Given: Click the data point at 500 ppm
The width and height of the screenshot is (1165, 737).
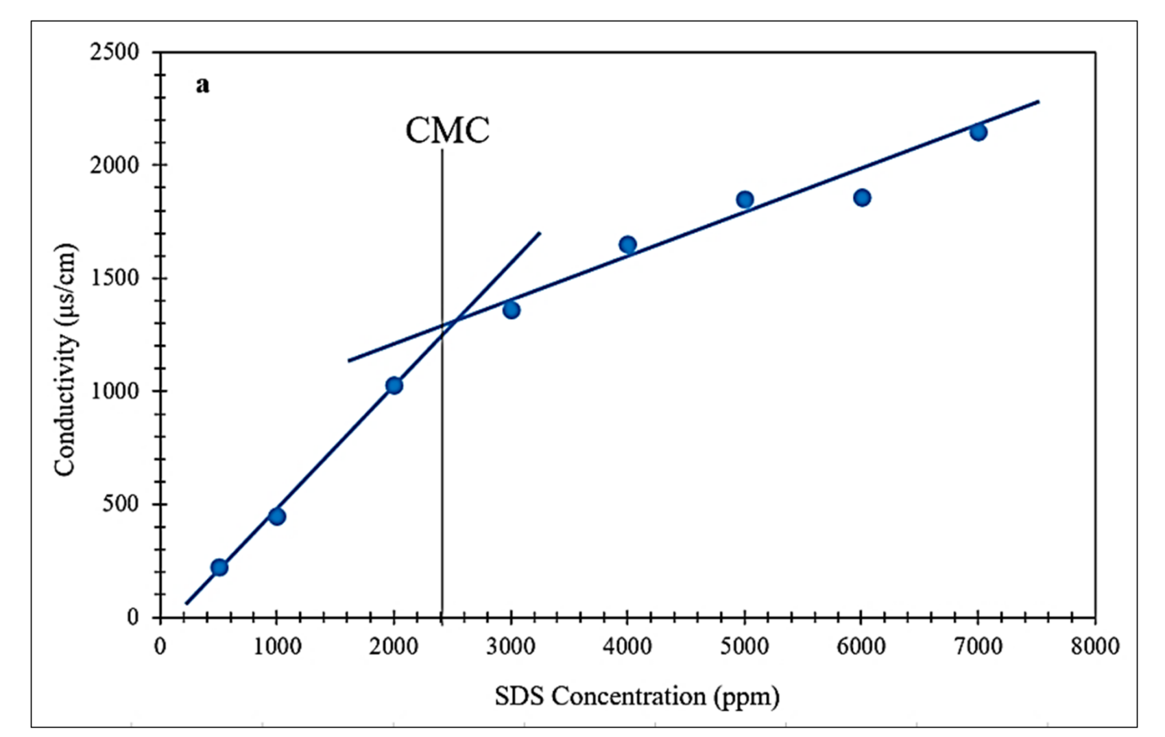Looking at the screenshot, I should [x=219, y=568].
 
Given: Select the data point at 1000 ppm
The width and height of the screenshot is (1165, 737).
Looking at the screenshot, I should [x=276, y=516].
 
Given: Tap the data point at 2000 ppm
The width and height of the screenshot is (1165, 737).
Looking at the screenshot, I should [x=394, y=385].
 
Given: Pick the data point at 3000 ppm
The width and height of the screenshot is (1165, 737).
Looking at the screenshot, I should [x=511, y=310].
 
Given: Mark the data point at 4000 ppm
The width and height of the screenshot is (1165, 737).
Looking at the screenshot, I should [x=627, y=244].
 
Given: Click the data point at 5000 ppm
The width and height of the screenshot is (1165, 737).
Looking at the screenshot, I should [x=745, y=200].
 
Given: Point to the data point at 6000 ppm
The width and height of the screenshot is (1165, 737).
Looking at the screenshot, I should [x=862, y=198].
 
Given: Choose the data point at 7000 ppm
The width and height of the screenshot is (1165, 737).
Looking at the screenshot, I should [x=978, y=132].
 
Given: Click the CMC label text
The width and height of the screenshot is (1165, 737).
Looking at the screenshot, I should [x=447, y=130].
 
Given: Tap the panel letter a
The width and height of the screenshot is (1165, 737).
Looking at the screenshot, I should [x=202, y=85].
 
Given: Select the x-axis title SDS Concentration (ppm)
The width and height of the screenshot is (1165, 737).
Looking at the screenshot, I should [x=637, y=697].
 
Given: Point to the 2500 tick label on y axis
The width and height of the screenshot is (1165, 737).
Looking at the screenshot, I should [x=115, y=52].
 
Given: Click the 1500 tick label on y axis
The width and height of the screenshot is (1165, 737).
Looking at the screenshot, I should [x=115, y=278].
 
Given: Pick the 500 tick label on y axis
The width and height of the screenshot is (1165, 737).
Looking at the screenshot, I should [x=120, y=504].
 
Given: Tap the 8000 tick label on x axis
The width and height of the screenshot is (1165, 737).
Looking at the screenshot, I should [x=1095, y=646].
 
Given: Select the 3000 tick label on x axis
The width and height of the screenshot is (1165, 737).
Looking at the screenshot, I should [x=511, y=646].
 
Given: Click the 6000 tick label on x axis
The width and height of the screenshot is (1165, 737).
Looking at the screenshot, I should [x=861, y=646].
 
